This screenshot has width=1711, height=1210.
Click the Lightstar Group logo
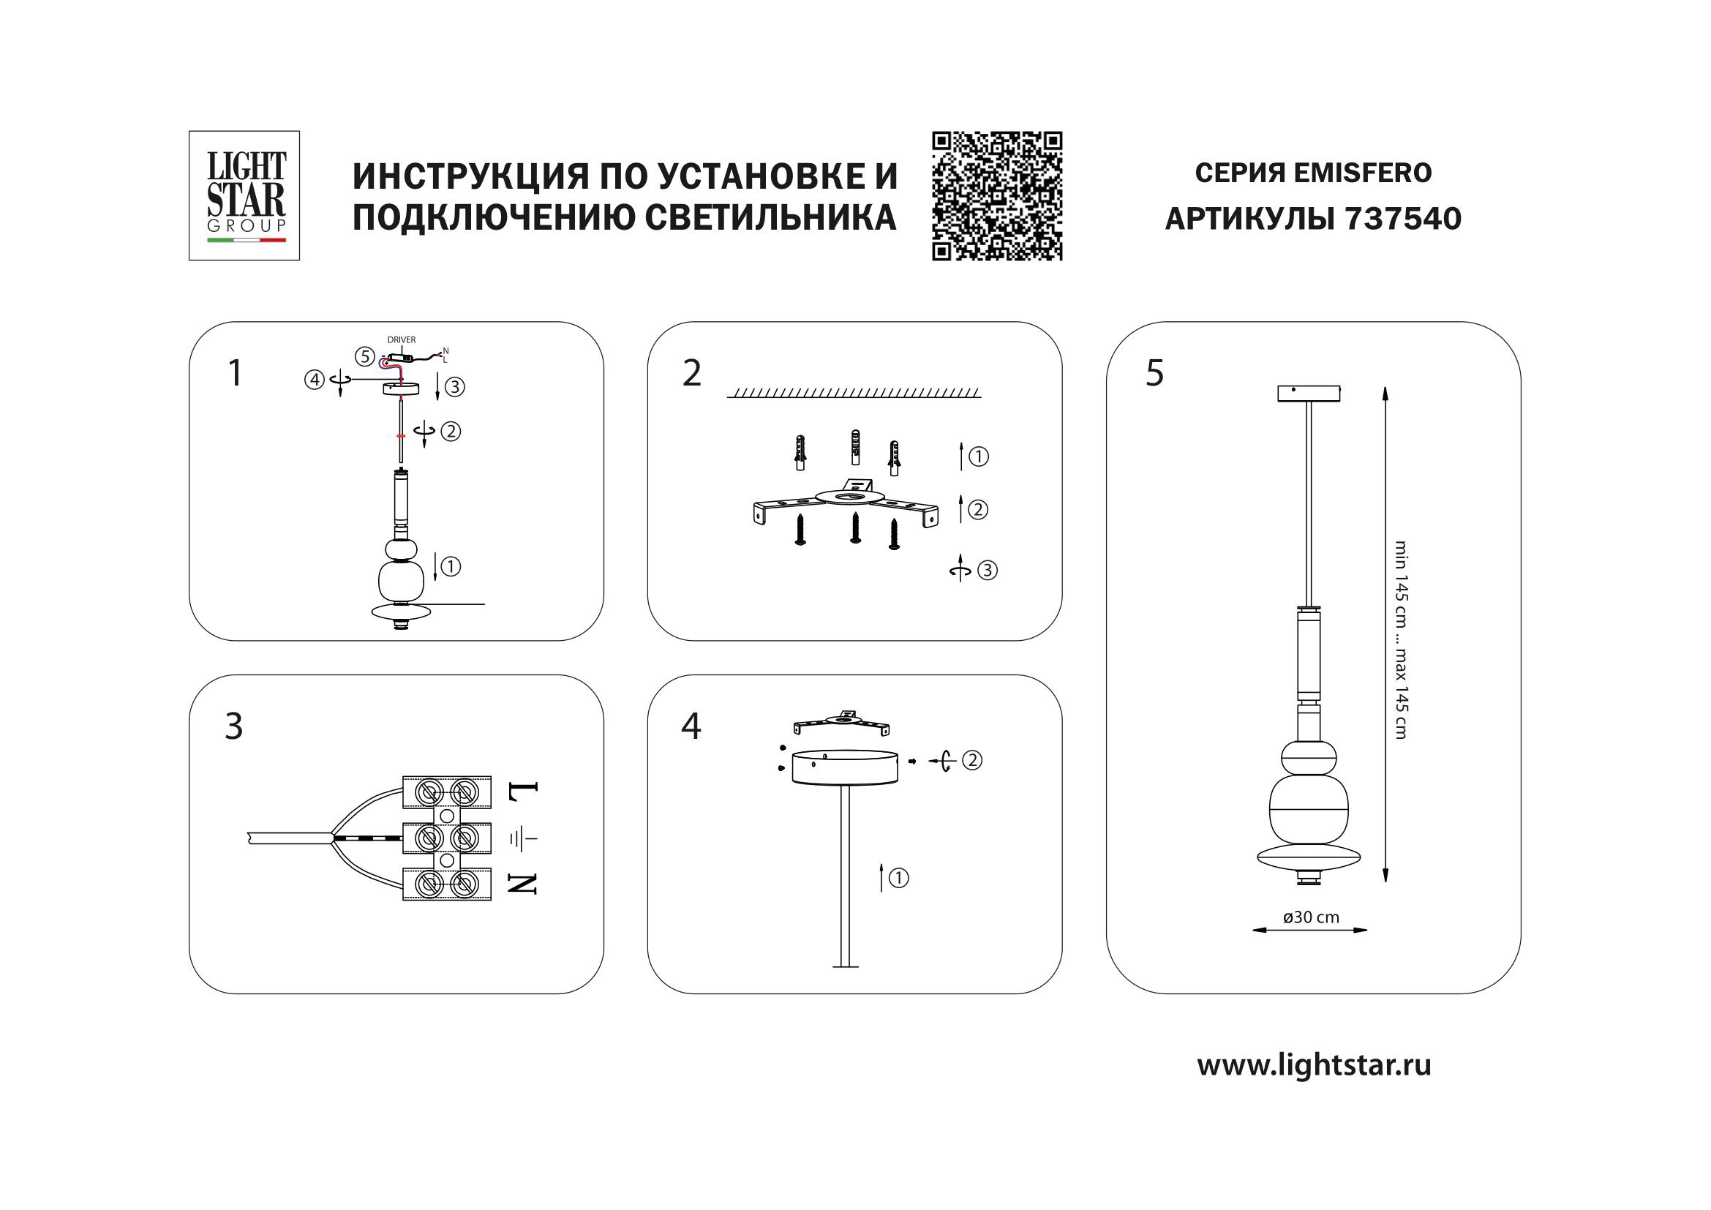[244, 195]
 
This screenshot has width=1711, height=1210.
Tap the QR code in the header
[996, 196]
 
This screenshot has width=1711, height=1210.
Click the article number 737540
[1402, 219]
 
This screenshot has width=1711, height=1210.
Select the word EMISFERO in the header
[1362, 173]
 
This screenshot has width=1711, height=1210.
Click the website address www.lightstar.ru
[1313, 1064]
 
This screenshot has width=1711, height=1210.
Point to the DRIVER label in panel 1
[401, 339]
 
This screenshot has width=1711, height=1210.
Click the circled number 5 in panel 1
[364, 357]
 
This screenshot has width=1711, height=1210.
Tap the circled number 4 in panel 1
[315, 380]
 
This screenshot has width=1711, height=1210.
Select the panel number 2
[691, 373]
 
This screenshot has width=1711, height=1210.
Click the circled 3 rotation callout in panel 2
[987, 571]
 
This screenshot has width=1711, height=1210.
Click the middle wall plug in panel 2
[854, 447]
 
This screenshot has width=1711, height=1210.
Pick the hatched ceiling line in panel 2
[854, 393]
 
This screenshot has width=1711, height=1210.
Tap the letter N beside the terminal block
[522, 884]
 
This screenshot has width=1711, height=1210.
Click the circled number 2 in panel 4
[971, 761]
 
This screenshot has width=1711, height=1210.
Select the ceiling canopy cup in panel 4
[844, 767]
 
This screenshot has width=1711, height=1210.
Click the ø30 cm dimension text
[1310, 918]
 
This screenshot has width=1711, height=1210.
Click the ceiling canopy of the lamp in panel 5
[1309, 393]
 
